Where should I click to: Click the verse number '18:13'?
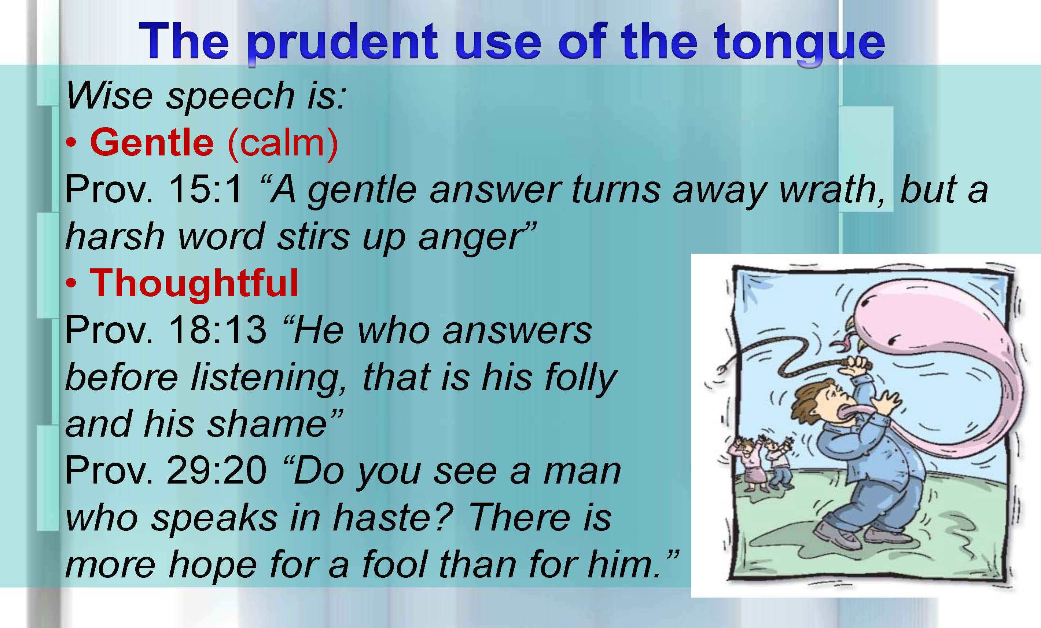click(217, 330)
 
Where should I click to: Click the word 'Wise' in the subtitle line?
click(109, 96)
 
